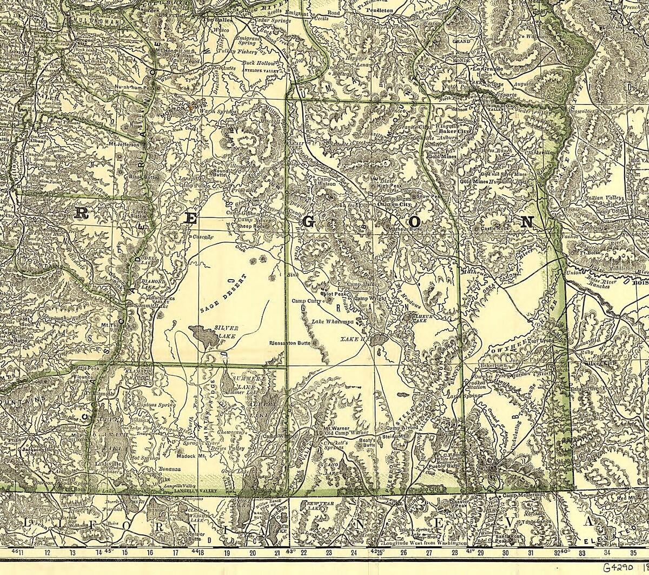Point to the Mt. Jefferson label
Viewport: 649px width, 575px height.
point(124,144)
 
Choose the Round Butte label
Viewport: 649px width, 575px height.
point(219,172)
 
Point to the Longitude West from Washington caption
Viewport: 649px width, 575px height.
point(424,542)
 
